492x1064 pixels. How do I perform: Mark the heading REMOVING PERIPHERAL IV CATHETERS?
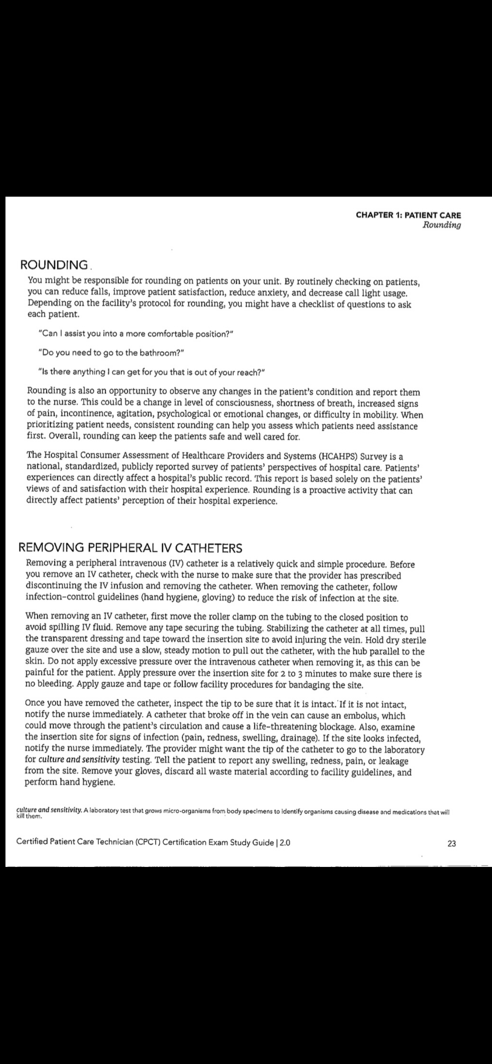coord(131,548)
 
